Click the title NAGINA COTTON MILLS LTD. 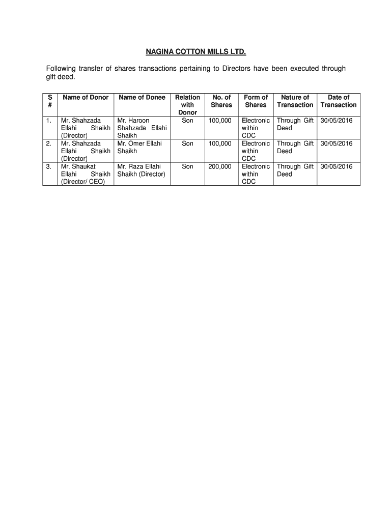196,52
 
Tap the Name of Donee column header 142,97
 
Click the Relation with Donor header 187,105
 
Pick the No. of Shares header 221,101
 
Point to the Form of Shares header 256,101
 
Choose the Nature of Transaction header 295,101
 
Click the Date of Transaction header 339,101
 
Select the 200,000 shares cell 219,166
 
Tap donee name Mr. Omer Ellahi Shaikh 139,147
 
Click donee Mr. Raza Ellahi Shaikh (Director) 141,170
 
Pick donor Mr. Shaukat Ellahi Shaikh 85,174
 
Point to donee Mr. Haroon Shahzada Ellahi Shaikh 142,128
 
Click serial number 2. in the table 48,143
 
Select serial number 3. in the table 48,166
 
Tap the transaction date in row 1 337,121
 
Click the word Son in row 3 187,166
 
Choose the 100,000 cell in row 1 219,121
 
